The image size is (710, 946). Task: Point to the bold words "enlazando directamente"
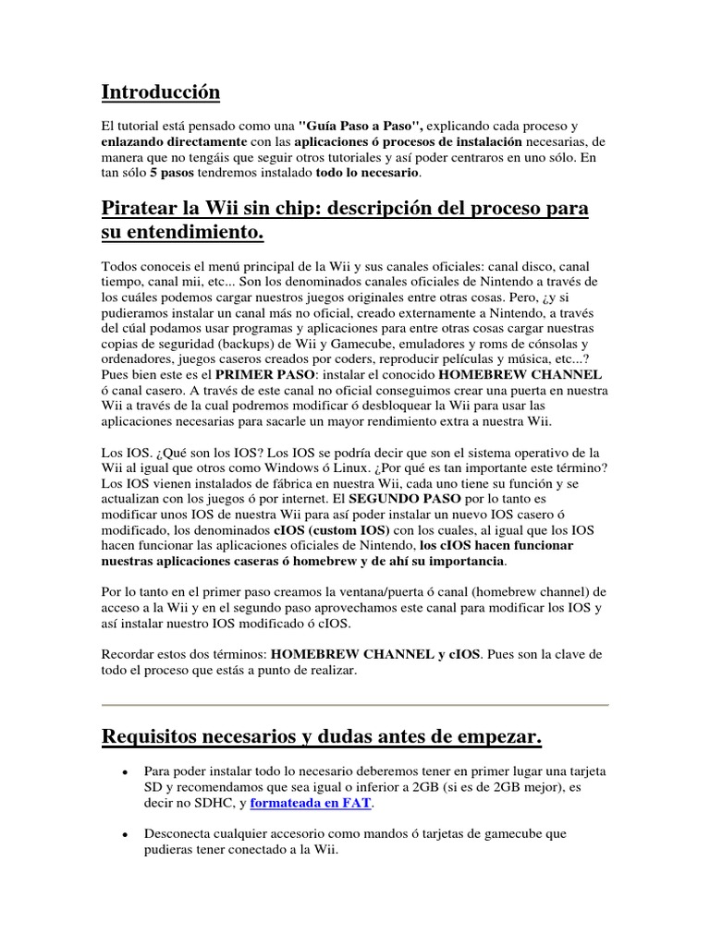tap(174, 141)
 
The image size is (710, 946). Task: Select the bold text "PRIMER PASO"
tap(263, 375)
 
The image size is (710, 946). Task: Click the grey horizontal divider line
tap(355, 705)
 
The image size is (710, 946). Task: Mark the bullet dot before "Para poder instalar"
tap(124, 771)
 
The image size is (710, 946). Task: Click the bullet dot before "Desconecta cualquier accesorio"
tap(124, 834)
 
